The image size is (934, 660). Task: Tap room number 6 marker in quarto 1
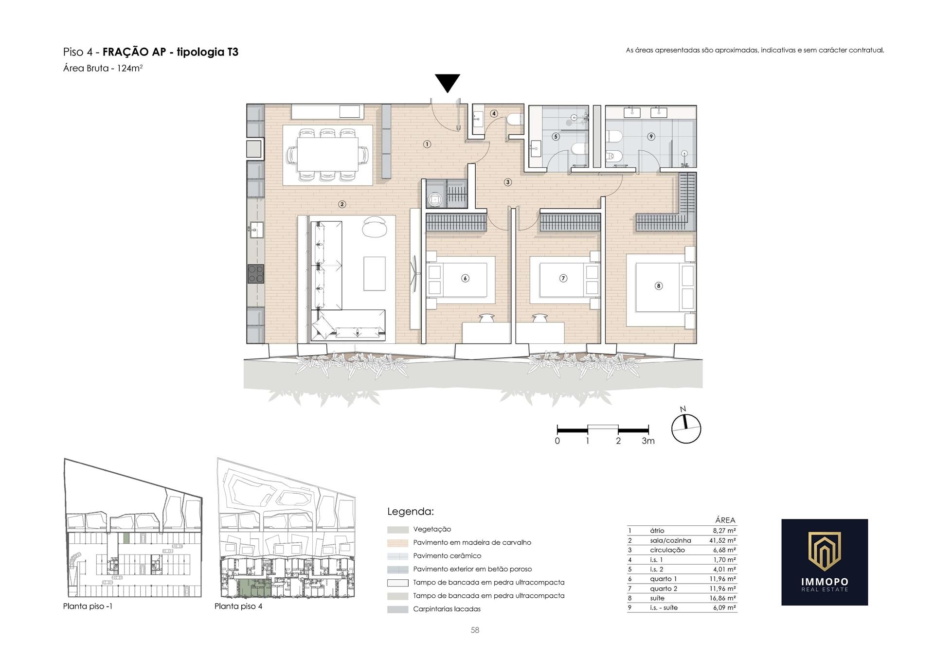tap(466, 278)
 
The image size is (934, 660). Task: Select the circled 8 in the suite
tap(659, 285)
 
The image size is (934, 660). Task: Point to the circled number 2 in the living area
tap(342, 204)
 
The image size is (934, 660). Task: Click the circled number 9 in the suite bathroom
tap(651, 137)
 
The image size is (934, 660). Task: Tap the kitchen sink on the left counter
tap(256, 230)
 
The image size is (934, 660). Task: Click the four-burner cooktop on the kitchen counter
tap(256, 274)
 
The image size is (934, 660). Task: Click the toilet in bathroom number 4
tap(514, 120)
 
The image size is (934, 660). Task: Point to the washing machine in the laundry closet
tap(434, 198)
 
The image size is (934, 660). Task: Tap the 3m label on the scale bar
tap(648, 441)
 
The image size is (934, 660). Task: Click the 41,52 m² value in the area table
tap(722, 540)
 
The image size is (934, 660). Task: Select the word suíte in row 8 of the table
tap(657, 598)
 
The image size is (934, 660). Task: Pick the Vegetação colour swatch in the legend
tap(398, 530)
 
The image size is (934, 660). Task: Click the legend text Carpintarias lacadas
tap(447, 609)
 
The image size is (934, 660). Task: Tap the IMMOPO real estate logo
tap(825, 562)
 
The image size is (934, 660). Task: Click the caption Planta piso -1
tap(88, 606)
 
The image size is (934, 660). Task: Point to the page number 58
tap(475, 630)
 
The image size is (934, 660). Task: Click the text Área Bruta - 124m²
tap(103, 68)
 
